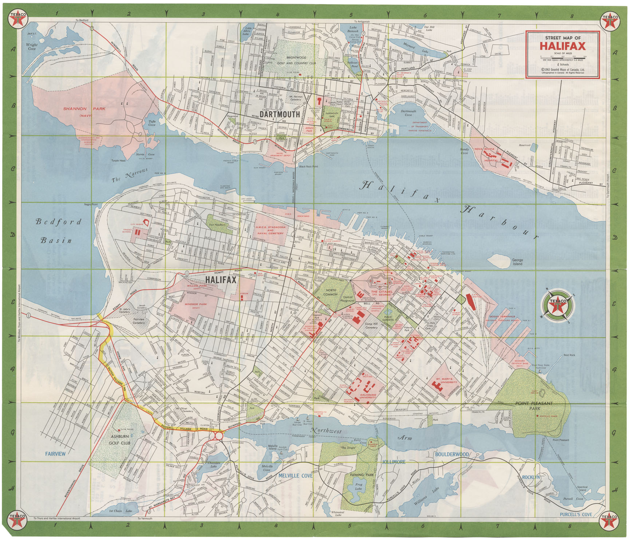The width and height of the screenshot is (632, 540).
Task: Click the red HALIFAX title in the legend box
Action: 562,46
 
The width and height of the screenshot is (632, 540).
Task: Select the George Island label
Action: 517,262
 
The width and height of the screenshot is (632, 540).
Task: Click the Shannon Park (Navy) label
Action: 84,111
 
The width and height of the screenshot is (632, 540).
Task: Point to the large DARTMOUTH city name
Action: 280,114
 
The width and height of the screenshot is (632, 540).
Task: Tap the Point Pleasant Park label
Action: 534,406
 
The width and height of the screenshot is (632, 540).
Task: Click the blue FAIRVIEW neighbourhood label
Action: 55,454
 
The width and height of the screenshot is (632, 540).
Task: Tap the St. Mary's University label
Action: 449,380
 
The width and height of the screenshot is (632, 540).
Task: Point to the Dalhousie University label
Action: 368,397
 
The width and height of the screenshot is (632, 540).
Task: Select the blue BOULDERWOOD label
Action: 452,454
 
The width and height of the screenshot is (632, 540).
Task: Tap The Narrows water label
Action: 130,175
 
